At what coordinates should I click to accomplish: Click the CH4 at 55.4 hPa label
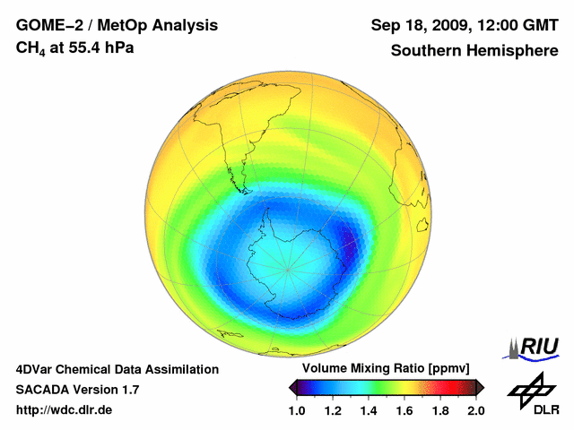coord(75,47)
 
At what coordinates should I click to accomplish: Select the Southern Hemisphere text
coord(474,50)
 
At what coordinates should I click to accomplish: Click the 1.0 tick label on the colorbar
coord(298,410)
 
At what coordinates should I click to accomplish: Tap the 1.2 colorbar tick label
coord(334,410)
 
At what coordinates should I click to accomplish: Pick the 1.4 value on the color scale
coord(369,410)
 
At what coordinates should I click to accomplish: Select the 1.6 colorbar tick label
coord(404,410)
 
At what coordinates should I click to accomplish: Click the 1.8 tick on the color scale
coord(439,410)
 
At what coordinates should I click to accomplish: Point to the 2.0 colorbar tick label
coord(475,410)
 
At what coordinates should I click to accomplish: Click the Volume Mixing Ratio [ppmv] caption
coord(387,368)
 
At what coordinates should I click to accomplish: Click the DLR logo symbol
coord(530,388)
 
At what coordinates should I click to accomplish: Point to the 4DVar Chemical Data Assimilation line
coord(117,369)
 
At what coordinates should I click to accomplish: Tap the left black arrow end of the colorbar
coord(293,387)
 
